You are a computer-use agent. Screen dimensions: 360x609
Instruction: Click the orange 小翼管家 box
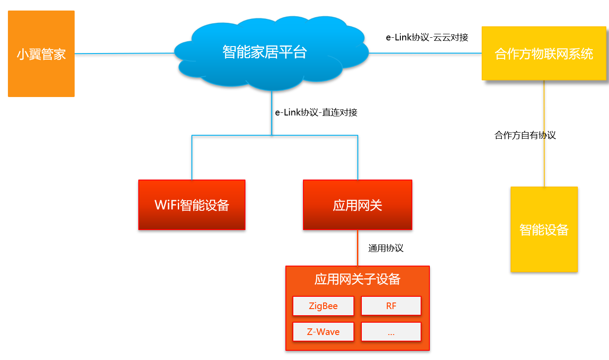click(41, 54)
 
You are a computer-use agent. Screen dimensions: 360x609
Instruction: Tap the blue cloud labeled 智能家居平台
click(265, 53)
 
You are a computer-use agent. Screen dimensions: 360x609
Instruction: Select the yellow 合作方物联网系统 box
click(544, 54)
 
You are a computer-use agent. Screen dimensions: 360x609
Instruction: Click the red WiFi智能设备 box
click(192, 205)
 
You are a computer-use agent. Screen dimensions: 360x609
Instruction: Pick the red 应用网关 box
click(357, 205)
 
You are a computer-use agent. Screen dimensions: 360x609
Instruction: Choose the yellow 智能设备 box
click(544, 229)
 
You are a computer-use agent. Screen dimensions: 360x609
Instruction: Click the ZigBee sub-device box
click(323, 306)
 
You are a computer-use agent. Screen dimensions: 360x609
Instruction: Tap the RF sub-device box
click(391, 306)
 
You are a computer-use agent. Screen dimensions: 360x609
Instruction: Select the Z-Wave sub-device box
click(323, 332)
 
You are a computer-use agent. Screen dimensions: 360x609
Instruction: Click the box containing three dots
click(391, 332)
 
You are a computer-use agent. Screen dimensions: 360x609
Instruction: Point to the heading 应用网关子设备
click(357, 279)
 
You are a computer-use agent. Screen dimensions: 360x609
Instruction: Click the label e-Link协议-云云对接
click(427, 37)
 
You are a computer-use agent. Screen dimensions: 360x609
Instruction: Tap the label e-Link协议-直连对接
click(316, 112)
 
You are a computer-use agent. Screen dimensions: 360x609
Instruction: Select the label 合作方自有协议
click(525, 135)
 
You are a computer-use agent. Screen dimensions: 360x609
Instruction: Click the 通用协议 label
click(386, 248)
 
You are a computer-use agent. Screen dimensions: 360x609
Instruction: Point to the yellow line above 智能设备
click(544, 162)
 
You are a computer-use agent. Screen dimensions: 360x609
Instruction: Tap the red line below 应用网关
click(357, 248)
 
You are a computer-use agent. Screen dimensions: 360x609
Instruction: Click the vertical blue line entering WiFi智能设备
click(192, 158)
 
